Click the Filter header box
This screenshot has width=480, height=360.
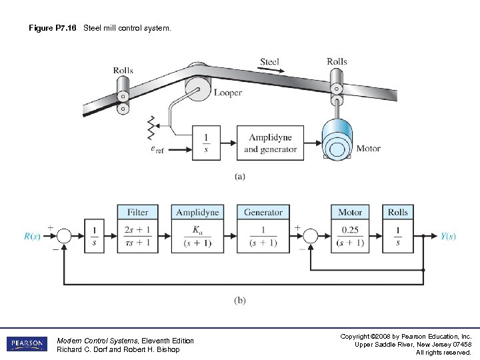(x=138, y=212)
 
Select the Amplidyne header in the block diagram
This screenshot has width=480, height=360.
(x=197, y=212)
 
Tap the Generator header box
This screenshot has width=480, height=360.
(x=263, y=212)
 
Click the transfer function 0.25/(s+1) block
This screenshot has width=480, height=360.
(x=350, y=236)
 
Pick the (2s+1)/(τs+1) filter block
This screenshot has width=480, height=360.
(x=138, y=236)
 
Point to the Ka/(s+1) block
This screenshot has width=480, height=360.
(x=197, y=236)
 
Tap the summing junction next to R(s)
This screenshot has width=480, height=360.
(x=64, y=236)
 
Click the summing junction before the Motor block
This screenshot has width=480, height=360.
(x=310, y=236)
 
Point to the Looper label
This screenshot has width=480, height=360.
(x=228, y=93)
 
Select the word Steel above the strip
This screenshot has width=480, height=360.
(x=269, y=62)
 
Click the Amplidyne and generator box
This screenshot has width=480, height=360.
(x=270, y=143)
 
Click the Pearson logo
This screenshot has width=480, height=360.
(x=27, y=344)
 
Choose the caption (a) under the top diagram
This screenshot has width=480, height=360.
(x=239, y=177)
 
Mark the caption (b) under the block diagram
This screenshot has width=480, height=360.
(x=239, y=300)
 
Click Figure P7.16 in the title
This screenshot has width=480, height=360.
(x=53, y=29)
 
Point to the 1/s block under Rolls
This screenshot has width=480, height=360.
(x=398, y=236)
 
